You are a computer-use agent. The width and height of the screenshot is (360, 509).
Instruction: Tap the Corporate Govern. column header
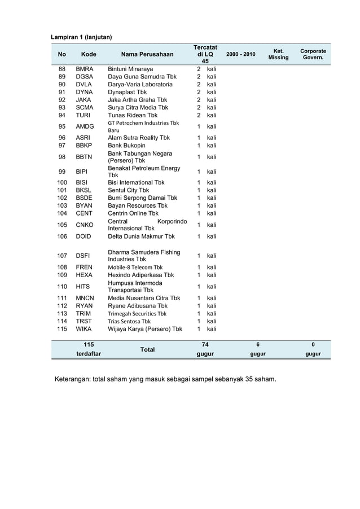(313, 54)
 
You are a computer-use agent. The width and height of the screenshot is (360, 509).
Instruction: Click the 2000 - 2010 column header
(240, 54)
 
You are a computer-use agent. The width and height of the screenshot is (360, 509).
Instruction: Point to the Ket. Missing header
(278, 54)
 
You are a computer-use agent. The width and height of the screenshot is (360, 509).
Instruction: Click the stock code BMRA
(85, 69)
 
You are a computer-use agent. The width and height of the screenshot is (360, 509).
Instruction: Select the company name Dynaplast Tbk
(128, 92)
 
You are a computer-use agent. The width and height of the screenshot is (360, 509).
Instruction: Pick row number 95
(62, 126)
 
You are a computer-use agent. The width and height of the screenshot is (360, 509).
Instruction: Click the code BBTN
(85, 157)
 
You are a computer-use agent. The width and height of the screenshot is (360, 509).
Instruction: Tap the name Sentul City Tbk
(129, 190)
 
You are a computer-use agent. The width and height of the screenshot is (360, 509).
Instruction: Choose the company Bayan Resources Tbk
(138, 206)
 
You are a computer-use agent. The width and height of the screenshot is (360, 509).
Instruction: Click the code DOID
(84, 236)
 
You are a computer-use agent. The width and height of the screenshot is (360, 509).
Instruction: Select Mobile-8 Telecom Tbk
(135, 267)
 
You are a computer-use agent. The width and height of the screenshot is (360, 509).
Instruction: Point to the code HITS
(84, 287)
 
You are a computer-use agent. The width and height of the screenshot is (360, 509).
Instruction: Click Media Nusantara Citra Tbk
(144, 298)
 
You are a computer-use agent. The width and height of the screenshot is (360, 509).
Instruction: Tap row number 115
(62, 329)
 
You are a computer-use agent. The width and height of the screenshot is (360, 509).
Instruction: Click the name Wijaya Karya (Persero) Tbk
(145, 329)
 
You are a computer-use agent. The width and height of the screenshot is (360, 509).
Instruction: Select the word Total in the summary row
(147, 350)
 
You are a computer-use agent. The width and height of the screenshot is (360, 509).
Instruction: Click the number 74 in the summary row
(205, 344)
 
